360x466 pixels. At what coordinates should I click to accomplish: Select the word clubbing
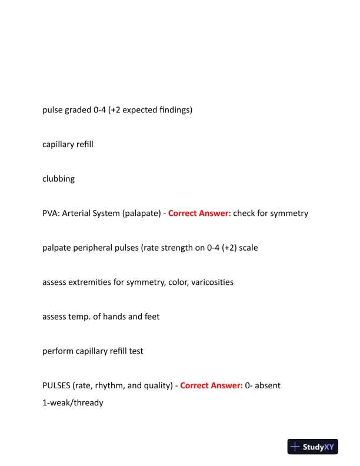pos(59,179)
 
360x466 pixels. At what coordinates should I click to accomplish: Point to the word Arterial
pos(79,213)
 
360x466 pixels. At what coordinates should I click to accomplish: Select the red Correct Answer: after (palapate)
pos(199,213)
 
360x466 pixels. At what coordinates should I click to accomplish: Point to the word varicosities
pos(211,282)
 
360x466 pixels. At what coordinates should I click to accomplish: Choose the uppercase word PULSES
pos(56,385)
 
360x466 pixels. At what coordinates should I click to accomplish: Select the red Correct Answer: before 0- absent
pos(211,385)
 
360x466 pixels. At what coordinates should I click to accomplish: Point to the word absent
pos(268,385)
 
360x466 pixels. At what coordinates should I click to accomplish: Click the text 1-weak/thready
pos(73,403)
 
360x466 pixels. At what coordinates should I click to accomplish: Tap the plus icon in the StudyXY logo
pos(295,447)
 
